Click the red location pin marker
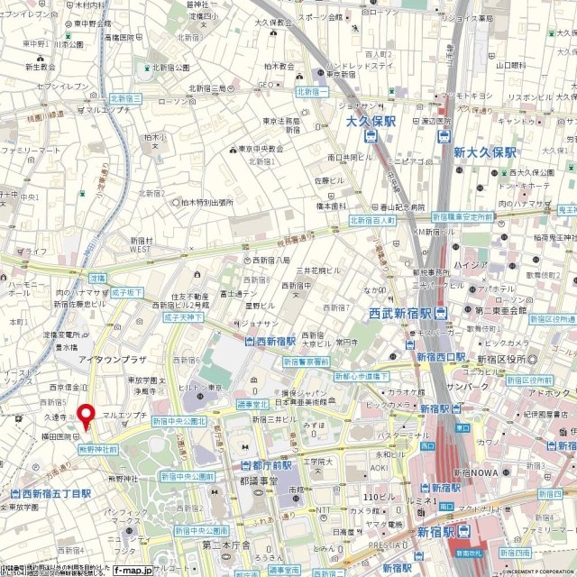point(87,416)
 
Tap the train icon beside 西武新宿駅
point(440,314)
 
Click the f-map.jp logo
point(133,570)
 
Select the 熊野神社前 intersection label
point(98,448)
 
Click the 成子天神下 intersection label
point(184,317)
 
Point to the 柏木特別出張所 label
point(208,203)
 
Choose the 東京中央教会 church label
point(262,150)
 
